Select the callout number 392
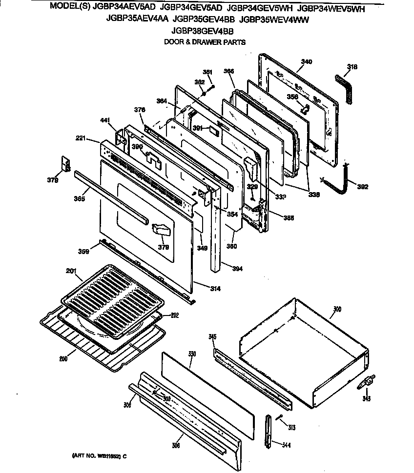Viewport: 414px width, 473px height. click(362, 186)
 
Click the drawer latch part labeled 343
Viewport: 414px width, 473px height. click(367, 385)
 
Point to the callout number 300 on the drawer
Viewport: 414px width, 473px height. click(337, 310)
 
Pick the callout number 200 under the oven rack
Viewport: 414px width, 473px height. click(63, 359)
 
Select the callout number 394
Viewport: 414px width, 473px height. click(237, 269)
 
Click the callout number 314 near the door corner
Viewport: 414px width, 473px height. click(215, 289)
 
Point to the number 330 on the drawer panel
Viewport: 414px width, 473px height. click(192, 354)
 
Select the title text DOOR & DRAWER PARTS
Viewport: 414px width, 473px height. click(205, 42)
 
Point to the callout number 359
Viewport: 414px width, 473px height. click(84, 252)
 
